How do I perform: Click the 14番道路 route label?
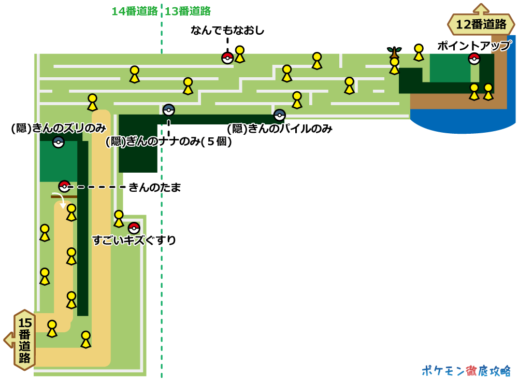135,11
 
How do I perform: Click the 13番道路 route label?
188,11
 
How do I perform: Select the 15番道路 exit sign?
24,340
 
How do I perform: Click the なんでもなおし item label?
227,31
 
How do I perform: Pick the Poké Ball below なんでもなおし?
227,58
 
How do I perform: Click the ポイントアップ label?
474,46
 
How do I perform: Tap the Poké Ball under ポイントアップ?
474,59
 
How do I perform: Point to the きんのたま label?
155,188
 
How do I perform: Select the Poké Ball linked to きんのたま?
64,186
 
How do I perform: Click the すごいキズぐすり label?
134,240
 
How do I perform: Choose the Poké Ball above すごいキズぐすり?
134,228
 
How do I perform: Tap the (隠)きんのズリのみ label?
59,128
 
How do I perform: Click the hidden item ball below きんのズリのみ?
59,142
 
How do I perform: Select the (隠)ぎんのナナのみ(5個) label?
169,141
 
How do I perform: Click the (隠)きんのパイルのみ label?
280,129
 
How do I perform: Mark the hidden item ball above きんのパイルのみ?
280,115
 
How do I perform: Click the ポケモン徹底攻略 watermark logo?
466,370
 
